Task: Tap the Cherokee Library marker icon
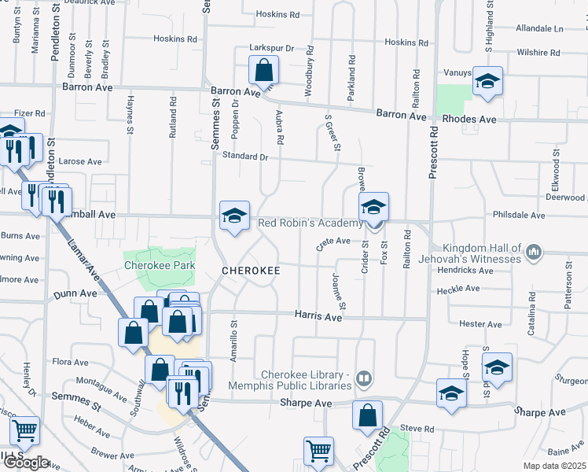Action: pos(363,379)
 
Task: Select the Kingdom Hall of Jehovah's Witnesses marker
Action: pos(535,252)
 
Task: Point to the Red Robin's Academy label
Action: pos(311,223)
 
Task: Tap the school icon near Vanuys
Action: pos(487,82)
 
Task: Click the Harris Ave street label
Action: pos(318,316)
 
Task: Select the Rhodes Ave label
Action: pos(470,120)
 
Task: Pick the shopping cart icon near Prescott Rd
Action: pos(319,452)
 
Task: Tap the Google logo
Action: pos(25,463)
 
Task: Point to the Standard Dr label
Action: pos(244,157)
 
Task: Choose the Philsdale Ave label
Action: pos(518,215)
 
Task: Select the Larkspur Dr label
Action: pos(271,48)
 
